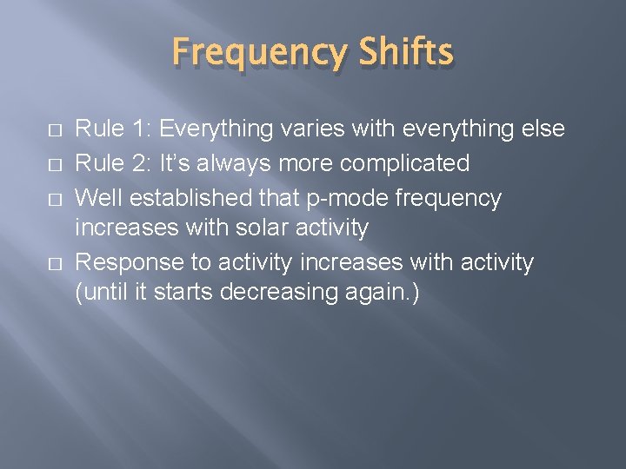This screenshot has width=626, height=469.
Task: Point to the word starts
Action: pos(184,294)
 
